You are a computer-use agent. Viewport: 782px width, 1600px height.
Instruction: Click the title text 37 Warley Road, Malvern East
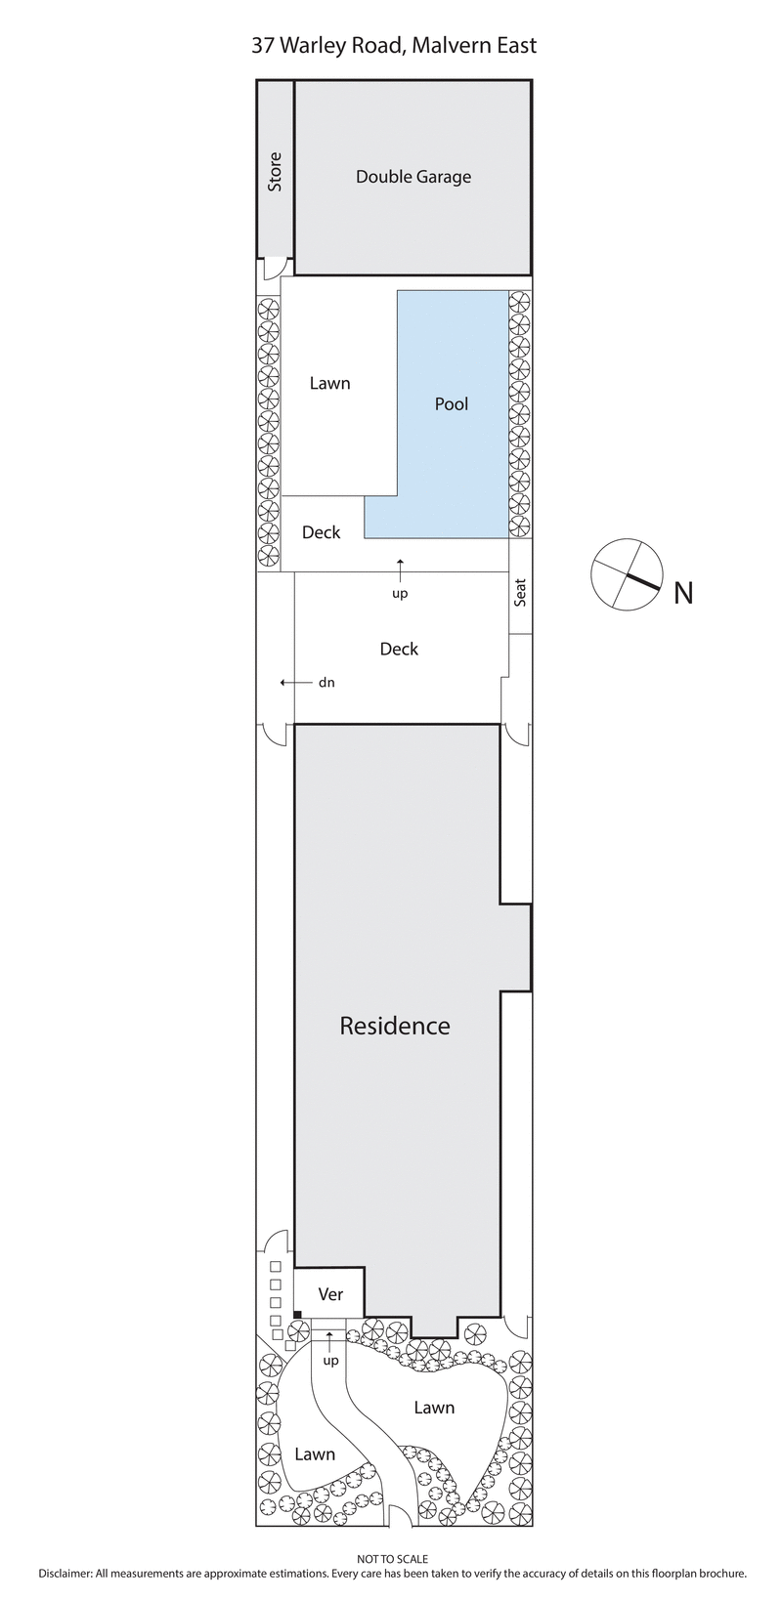[x=394, y=46]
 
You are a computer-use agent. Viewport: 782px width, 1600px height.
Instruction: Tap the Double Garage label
[x=413, y=177]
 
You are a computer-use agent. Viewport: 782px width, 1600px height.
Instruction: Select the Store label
[x=275, y=171]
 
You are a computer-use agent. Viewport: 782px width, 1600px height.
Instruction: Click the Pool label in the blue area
[x=452, y=403]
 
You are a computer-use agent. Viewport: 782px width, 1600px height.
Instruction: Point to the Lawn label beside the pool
[x=329, y=383]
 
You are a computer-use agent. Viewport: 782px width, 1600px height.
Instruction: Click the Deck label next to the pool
[x=321, y=532]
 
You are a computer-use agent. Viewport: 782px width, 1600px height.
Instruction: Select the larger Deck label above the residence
[x=399, y=649]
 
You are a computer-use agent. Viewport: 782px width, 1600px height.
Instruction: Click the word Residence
[x=395, y=1026]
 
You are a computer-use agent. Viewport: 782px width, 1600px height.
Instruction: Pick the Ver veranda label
[x=331, y=1293]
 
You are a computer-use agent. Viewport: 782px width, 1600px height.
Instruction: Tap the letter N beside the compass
[x=683, y=593]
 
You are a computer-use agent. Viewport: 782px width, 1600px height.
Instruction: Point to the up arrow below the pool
[x=400, y=567]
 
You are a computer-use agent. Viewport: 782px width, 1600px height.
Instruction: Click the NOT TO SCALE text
[x=393, y=1560]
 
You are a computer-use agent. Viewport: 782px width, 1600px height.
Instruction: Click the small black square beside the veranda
[x=297, y=1315]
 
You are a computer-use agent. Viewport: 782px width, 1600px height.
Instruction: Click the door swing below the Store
[x=274, y=266]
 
